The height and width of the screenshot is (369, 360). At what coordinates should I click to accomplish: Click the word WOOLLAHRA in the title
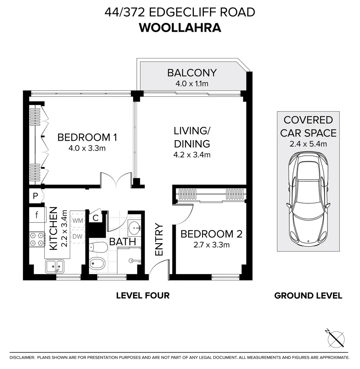tap(180, 27)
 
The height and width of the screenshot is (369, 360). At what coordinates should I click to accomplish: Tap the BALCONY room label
tap(192, 73)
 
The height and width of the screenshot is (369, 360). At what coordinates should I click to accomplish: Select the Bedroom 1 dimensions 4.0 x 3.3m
tap(87, 149)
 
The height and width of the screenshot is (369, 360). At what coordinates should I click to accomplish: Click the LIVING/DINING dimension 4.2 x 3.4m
tap(192, 155)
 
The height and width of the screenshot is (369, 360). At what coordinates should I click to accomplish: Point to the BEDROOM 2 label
tap(211, 234)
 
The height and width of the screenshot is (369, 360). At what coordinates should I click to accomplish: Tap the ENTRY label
tap(159, 240)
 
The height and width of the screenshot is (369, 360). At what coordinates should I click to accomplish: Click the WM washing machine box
tap(78, 220)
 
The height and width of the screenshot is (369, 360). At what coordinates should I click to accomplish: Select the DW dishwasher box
tap(78, 236)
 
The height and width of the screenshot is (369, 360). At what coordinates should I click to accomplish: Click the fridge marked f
tap(37, 215)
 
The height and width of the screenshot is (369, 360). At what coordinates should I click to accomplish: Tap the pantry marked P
tap(35, 196)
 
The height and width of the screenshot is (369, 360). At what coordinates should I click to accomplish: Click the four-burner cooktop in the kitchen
tap(37, 239)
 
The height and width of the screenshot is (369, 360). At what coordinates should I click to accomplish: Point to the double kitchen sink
tap(55, 266)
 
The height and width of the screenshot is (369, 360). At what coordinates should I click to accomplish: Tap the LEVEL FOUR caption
tap(143, 296)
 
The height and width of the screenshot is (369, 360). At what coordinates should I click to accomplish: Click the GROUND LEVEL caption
tap(308, 296)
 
